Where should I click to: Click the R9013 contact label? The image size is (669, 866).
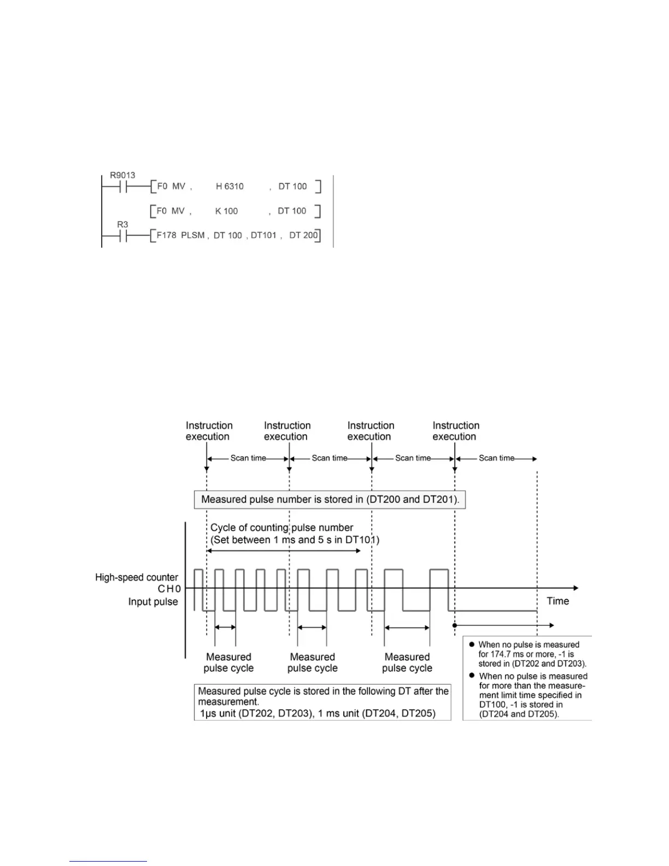pyautogui.click(x=122, y=175)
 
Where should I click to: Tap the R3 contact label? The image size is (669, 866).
pyautogui.click(x=122, y=225)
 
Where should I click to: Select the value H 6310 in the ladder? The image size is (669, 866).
pyautogui.click(x=230, y=186)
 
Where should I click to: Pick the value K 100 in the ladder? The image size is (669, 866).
pyautogui.click(x=226, y=211)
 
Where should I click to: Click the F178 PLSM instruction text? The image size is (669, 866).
pyautogui.click(x=180, y=236)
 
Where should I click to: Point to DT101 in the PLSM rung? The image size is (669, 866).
pyautogui.click(x=263, y=236)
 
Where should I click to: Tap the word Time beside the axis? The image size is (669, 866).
pyautogui.click(x=557, y=601)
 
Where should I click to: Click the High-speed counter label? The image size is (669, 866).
pyautogui.click(x=137, y=577)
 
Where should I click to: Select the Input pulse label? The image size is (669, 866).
pyautogui.click(x=153, y=601)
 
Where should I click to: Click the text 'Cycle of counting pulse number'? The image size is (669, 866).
pyautogui.click(x=282, y=528)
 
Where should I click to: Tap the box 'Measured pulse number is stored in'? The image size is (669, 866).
pyautogui.click(x=330, y=499)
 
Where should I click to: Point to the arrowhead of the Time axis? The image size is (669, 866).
pyautogui.click(x=575, y=588)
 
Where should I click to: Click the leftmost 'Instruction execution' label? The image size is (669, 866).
pyautogui.click(x=209, y=431)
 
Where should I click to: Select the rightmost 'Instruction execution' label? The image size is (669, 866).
pyautogui.click(x=456, y=431)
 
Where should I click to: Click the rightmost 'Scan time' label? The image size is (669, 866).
pyautogui.click(x=496, y=458)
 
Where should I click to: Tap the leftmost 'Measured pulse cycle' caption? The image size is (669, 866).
pyautogui.click(x=228, y=662)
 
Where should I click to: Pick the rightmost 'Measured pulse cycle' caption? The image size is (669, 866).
pyautogui.click(x=407, y=662)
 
